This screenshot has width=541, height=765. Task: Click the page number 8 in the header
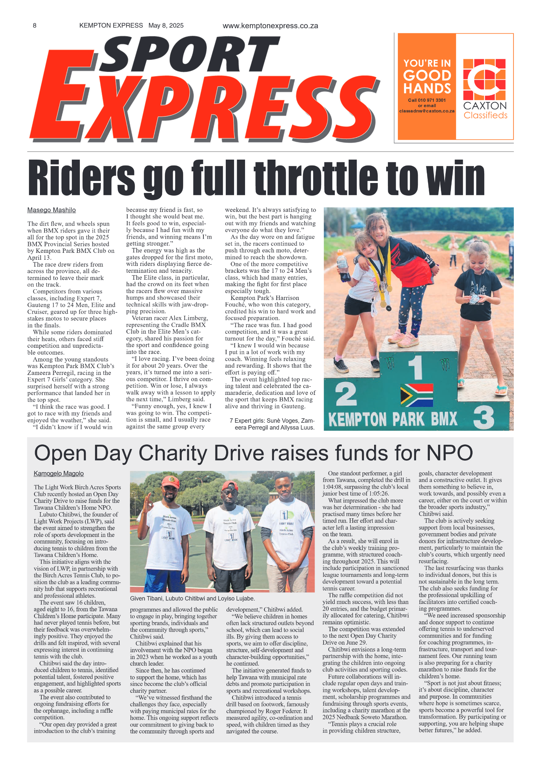[x=34, y=25]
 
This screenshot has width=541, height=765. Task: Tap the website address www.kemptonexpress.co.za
[x=270, y=26]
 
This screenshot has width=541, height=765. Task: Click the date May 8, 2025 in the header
[x=166, y=25]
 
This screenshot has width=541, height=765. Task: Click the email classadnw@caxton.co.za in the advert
[x=427, y=111]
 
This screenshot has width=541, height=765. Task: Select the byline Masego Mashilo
[x=52, y=210]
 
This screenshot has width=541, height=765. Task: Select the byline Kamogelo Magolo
[x=59, y=474]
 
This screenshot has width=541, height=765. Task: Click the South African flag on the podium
[x=416, y=395]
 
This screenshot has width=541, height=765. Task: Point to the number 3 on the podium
[x=484, y=417]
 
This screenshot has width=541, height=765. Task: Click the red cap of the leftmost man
[x=171, y=481]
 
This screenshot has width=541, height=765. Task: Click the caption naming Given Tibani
[x=192, y=598]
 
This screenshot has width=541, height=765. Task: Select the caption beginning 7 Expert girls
[x=272, y=424]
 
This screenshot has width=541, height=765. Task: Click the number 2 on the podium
[x=346, y=394]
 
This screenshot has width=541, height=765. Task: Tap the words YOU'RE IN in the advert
[x=427, y=63]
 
